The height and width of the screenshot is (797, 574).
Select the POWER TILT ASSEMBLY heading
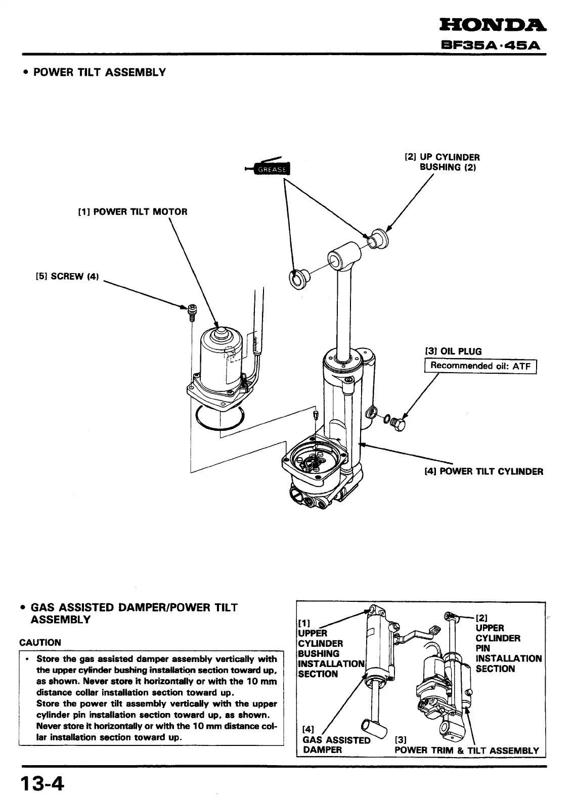99,72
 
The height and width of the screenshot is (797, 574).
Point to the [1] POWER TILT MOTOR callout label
132,212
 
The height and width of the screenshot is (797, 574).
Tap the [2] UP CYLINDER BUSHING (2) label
443,162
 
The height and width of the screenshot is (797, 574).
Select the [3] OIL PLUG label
453,351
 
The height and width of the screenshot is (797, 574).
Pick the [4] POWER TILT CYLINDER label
483,472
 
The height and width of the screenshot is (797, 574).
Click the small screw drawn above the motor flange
192,312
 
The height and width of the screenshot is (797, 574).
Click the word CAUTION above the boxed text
40,643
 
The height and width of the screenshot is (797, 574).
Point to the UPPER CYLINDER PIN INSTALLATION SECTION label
508,648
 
